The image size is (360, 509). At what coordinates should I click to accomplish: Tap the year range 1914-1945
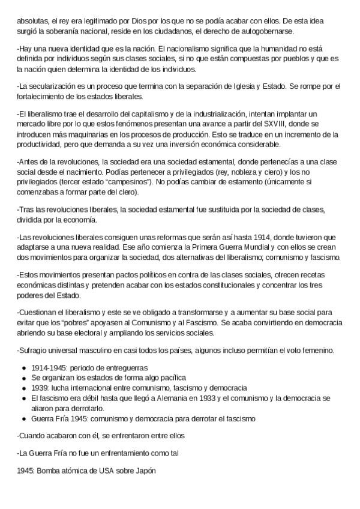pos(48,367)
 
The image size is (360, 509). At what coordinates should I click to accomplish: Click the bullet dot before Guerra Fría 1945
pos(23,418)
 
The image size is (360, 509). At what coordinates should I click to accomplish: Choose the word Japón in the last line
pos(145,472)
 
